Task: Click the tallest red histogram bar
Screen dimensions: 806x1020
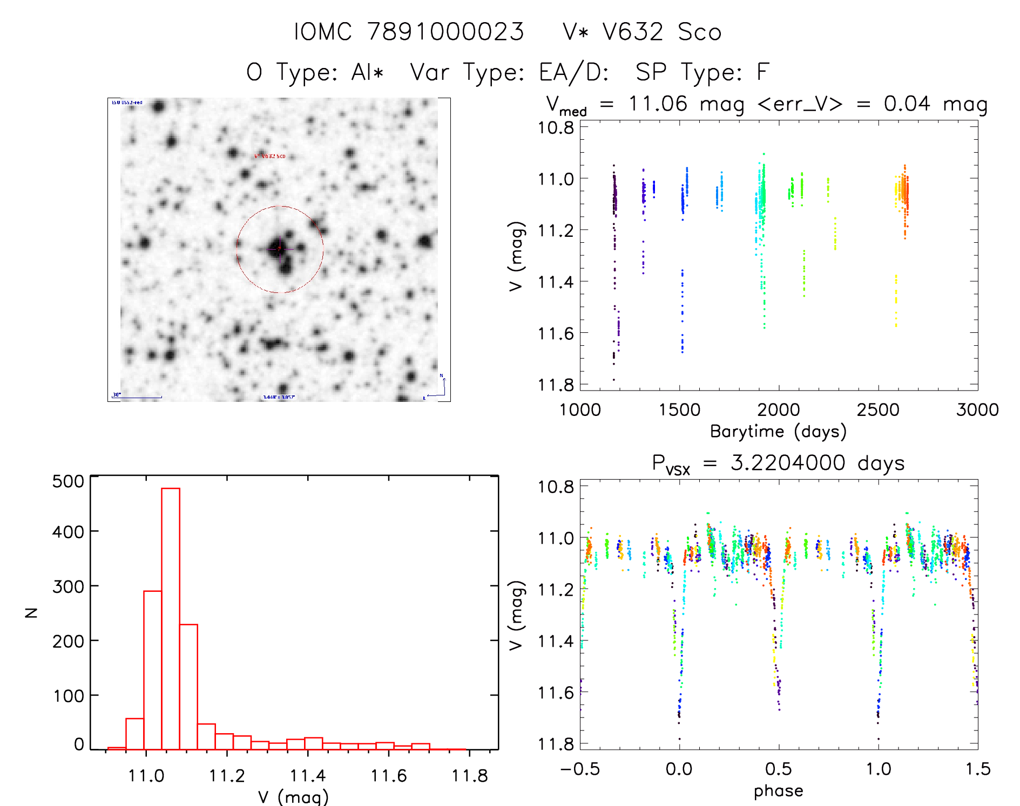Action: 171,618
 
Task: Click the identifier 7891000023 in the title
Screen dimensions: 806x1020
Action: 445,32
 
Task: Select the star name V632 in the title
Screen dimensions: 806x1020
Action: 633,32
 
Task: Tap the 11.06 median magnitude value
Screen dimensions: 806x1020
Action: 658,104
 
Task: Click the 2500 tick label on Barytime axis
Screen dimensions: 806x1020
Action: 878,409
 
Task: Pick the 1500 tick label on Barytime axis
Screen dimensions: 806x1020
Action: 679,409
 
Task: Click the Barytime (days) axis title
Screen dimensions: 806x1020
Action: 778,432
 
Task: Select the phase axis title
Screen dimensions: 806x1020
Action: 778,791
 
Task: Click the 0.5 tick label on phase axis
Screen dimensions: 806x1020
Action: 778,769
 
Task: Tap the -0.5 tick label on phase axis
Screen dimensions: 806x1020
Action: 579,769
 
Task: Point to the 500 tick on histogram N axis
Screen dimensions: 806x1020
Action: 68,481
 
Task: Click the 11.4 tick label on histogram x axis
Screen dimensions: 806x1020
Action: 307,776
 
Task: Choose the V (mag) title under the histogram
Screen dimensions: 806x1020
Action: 293,797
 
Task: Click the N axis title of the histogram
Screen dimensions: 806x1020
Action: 32,612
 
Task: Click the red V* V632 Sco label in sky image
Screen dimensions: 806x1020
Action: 269,156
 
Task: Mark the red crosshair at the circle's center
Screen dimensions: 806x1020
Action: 279,249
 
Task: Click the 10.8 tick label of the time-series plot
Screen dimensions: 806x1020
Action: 556,127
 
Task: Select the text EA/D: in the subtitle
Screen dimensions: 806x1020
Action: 574,72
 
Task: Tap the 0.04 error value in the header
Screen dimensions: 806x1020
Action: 907,104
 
